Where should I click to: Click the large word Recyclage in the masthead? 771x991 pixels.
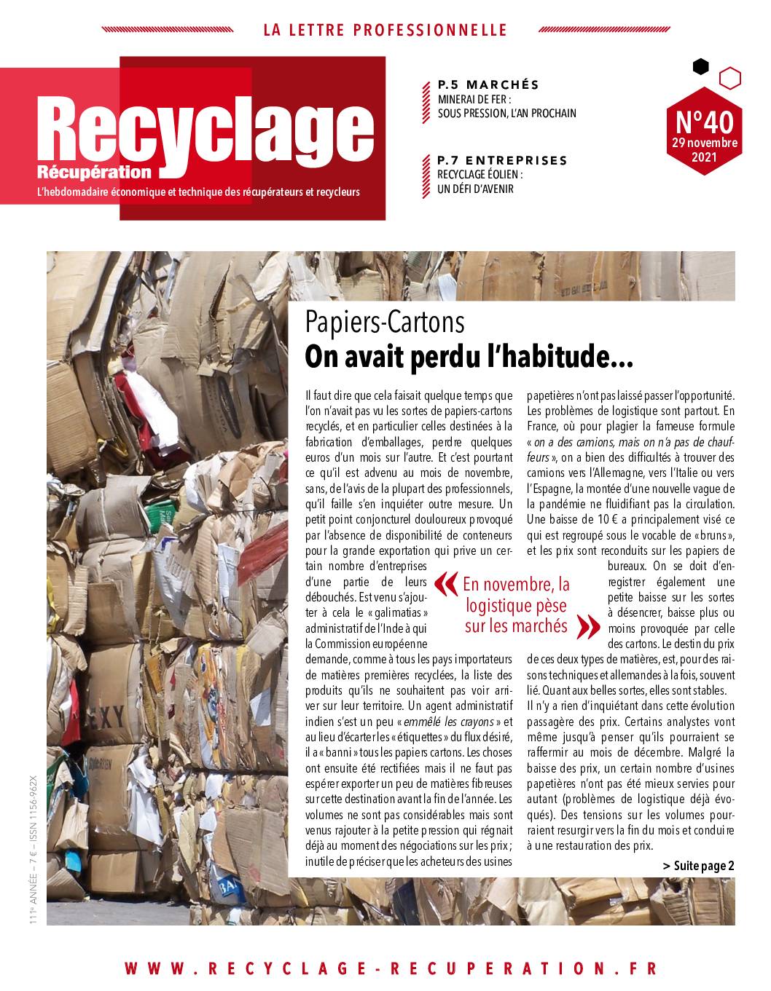coord(208,131)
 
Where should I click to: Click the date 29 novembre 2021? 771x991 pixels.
coord(705,149)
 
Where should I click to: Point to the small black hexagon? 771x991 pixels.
coord(700,67)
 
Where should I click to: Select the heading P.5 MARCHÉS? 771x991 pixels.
coord(488,84)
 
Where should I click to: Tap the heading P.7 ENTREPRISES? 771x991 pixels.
coord(502,160)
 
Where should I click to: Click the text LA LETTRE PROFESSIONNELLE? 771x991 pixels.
coord(385,31)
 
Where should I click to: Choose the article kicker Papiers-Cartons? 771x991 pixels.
coord(385,321)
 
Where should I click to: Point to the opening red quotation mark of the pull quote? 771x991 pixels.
coord(442,584)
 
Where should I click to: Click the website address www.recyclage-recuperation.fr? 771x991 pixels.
coord(391,968)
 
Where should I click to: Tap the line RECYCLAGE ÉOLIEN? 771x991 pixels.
coord(480,175)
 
